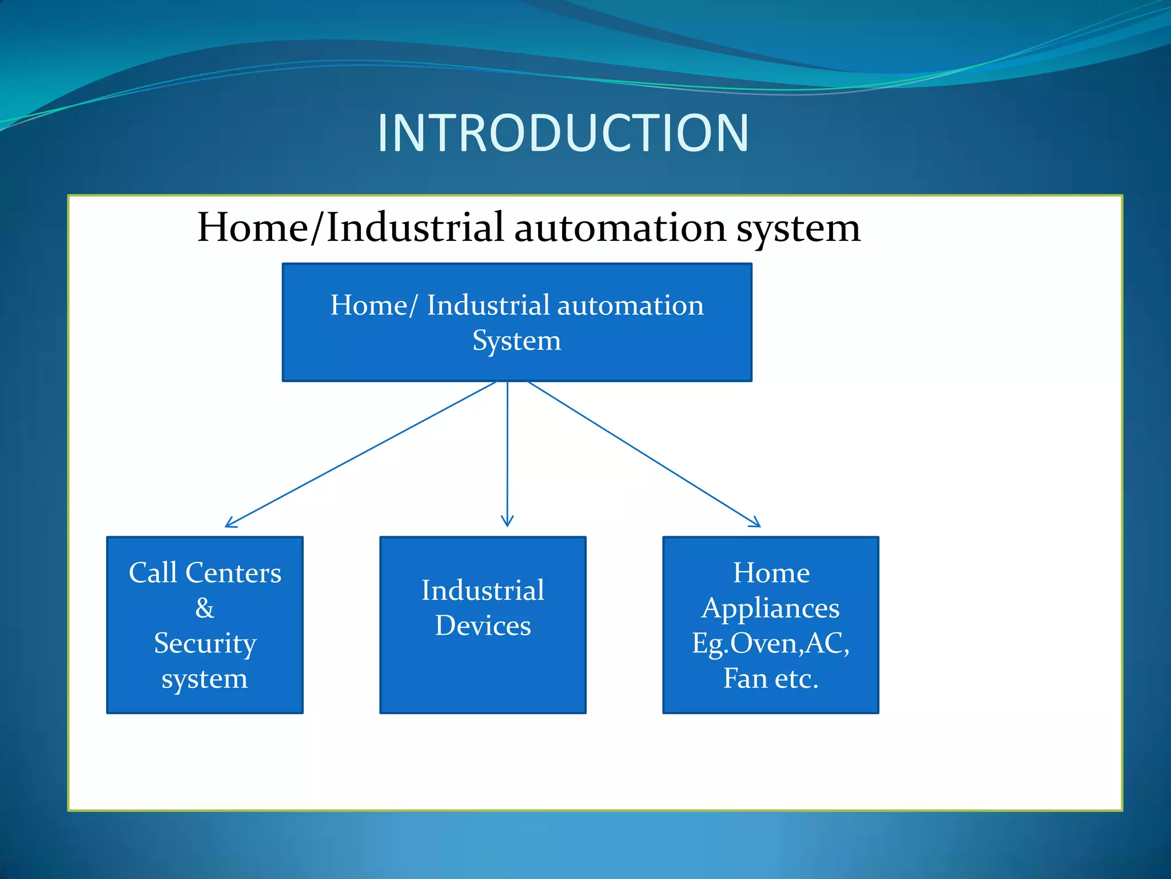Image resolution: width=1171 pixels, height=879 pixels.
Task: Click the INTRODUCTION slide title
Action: point(563,133)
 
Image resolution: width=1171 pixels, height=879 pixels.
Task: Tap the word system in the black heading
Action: point(798,229)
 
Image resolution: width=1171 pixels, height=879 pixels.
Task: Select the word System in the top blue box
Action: point(516,341)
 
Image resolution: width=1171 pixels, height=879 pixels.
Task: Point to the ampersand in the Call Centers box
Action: point(205,608)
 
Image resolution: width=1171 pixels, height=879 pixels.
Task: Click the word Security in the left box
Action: point(205,643)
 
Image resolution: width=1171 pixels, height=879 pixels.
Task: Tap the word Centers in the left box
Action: point(233,573)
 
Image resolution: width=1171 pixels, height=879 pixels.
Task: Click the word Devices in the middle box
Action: point(483,625)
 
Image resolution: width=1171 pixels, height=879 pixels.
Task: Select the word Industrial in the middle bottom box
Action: point(483,591)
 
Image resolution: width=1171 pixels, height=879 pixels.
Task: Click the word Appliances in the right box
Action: point(770,608)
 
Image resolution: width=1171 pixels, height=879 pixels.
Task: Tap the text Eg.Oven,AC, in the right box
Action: point(770,643)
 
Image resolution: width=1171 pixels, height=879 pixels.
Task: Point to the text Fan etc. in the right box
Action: point(770,679)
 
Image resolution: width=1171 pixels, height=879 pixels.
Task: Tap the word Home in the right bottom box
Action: point(771,573)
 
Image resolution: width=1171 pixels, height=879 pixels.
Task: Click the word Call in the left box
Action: point(153,573)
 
